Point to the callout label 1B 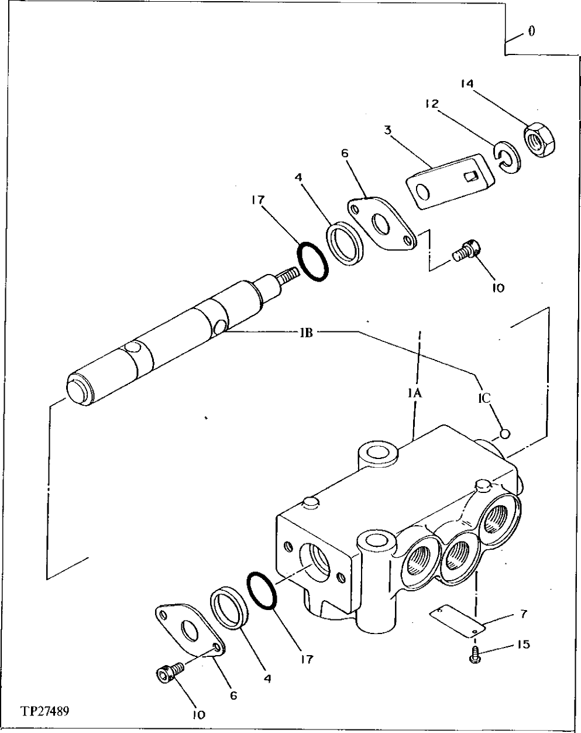pyautogui.click(x=305, y=333)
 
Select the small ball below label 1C pyautogui.click(x=506, y=433)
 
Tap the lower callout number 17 pyautogui.click(x=306, y=659)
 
